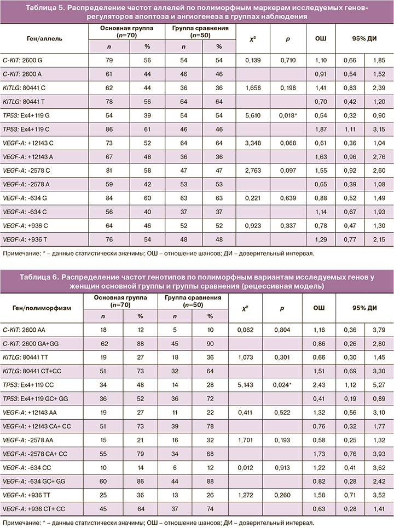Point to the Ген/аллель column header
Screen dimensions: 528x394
click(44, 39)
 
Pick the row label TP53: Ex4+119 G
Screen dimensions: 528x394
click(30, 116)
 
